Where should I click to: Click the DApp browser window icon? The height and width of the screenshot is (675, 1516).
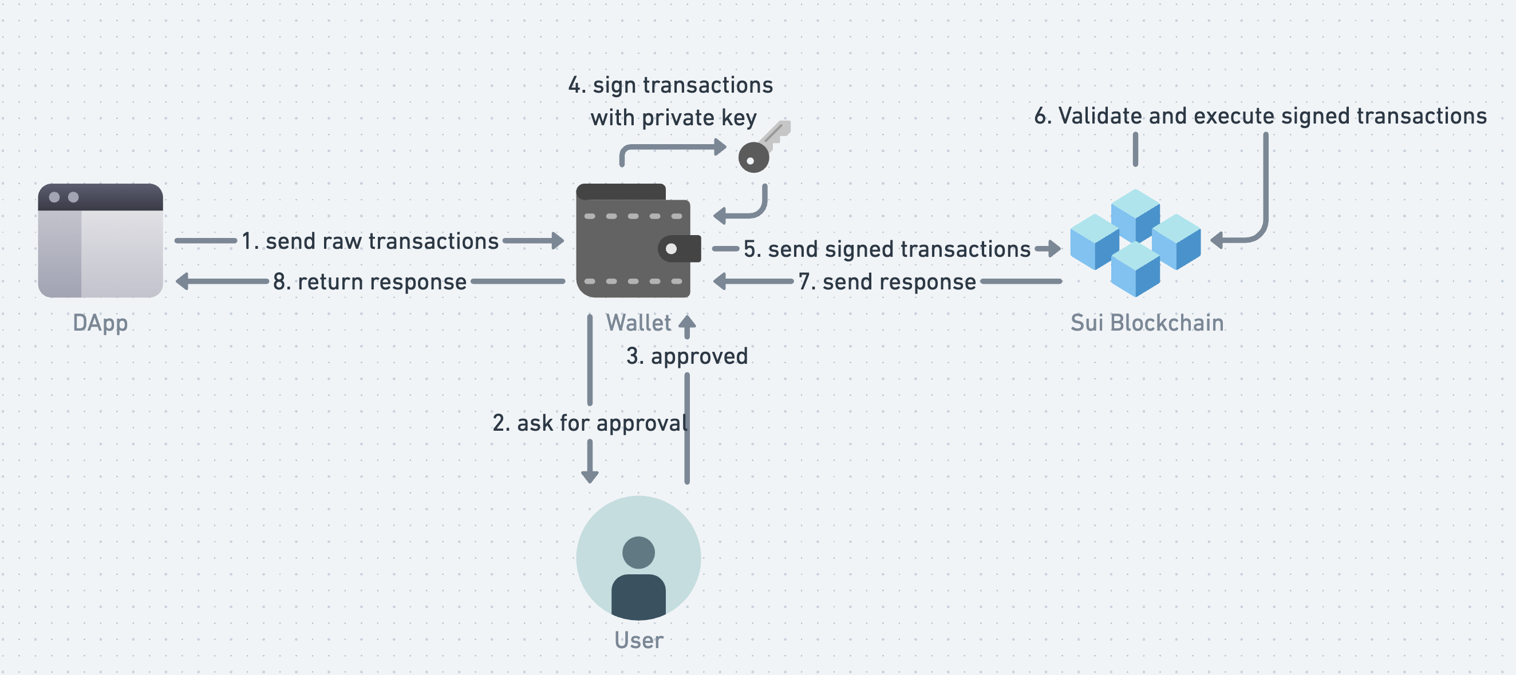(100, 240)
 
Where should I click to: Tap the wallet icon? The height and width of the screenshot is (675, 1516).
(634, 241)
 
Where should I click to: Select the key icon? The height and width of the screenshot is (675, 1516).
(761, 149)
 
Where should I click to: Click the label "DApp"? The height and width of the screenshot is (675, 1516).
(100, 323)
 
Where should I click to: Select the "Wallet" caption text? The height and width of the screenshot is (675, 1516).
(638, 323)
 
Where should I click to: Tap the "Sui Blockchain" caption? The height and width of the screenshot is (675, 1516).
(1146, 323)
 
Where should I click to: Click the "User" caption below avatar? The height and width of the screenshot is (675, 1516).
(638, 640)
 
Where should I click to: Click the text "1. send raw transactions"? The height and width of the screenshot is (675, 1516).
(370, 241)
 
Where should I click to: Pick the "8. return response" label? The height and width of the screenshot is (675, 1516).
(370, 281)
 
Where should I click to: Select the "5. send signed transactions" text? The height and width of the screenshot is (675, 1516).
(887, 249)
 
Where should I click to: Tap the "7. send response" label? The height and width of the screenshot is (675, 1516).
(887, 281)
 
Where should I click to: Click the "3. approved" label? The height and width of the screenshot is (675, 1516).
(687, 356)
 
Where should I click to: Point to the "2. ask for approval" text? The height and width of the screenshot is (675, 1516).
(590, 423)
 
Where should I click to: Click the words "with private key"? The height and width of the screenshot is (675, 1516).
(673, 118)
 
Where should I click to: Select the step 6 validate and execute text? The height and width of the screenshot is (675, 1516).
(1260, 116)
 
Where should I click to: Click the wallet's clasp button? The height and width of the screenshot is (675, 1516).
(672, 249)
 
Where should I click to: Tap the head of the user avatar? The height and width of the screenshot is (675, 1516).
(638, 552)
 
